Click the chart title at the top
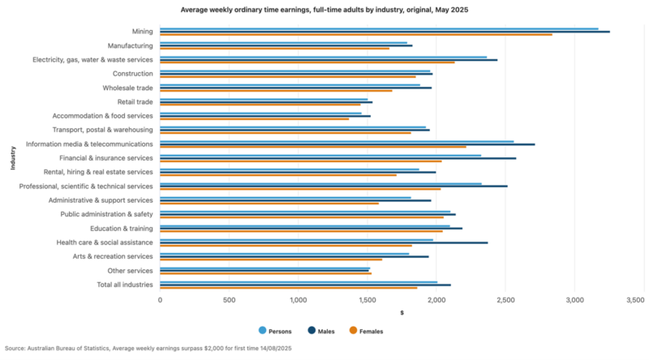[x=324, y=11]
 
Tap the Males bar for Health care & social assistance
[x=324, y=242]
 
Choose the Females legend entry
[x=366, y=331]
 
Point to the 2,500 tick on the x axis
[x=505, y=300]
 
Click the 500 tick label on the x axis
[x=229, y=300]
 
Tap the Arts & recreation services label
[x=112, y=256]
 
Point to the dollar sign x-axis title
[x=402, y=313]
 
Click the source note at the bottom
[x=148, y=348]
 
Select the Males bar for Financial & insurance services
[x=337, y=158]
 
